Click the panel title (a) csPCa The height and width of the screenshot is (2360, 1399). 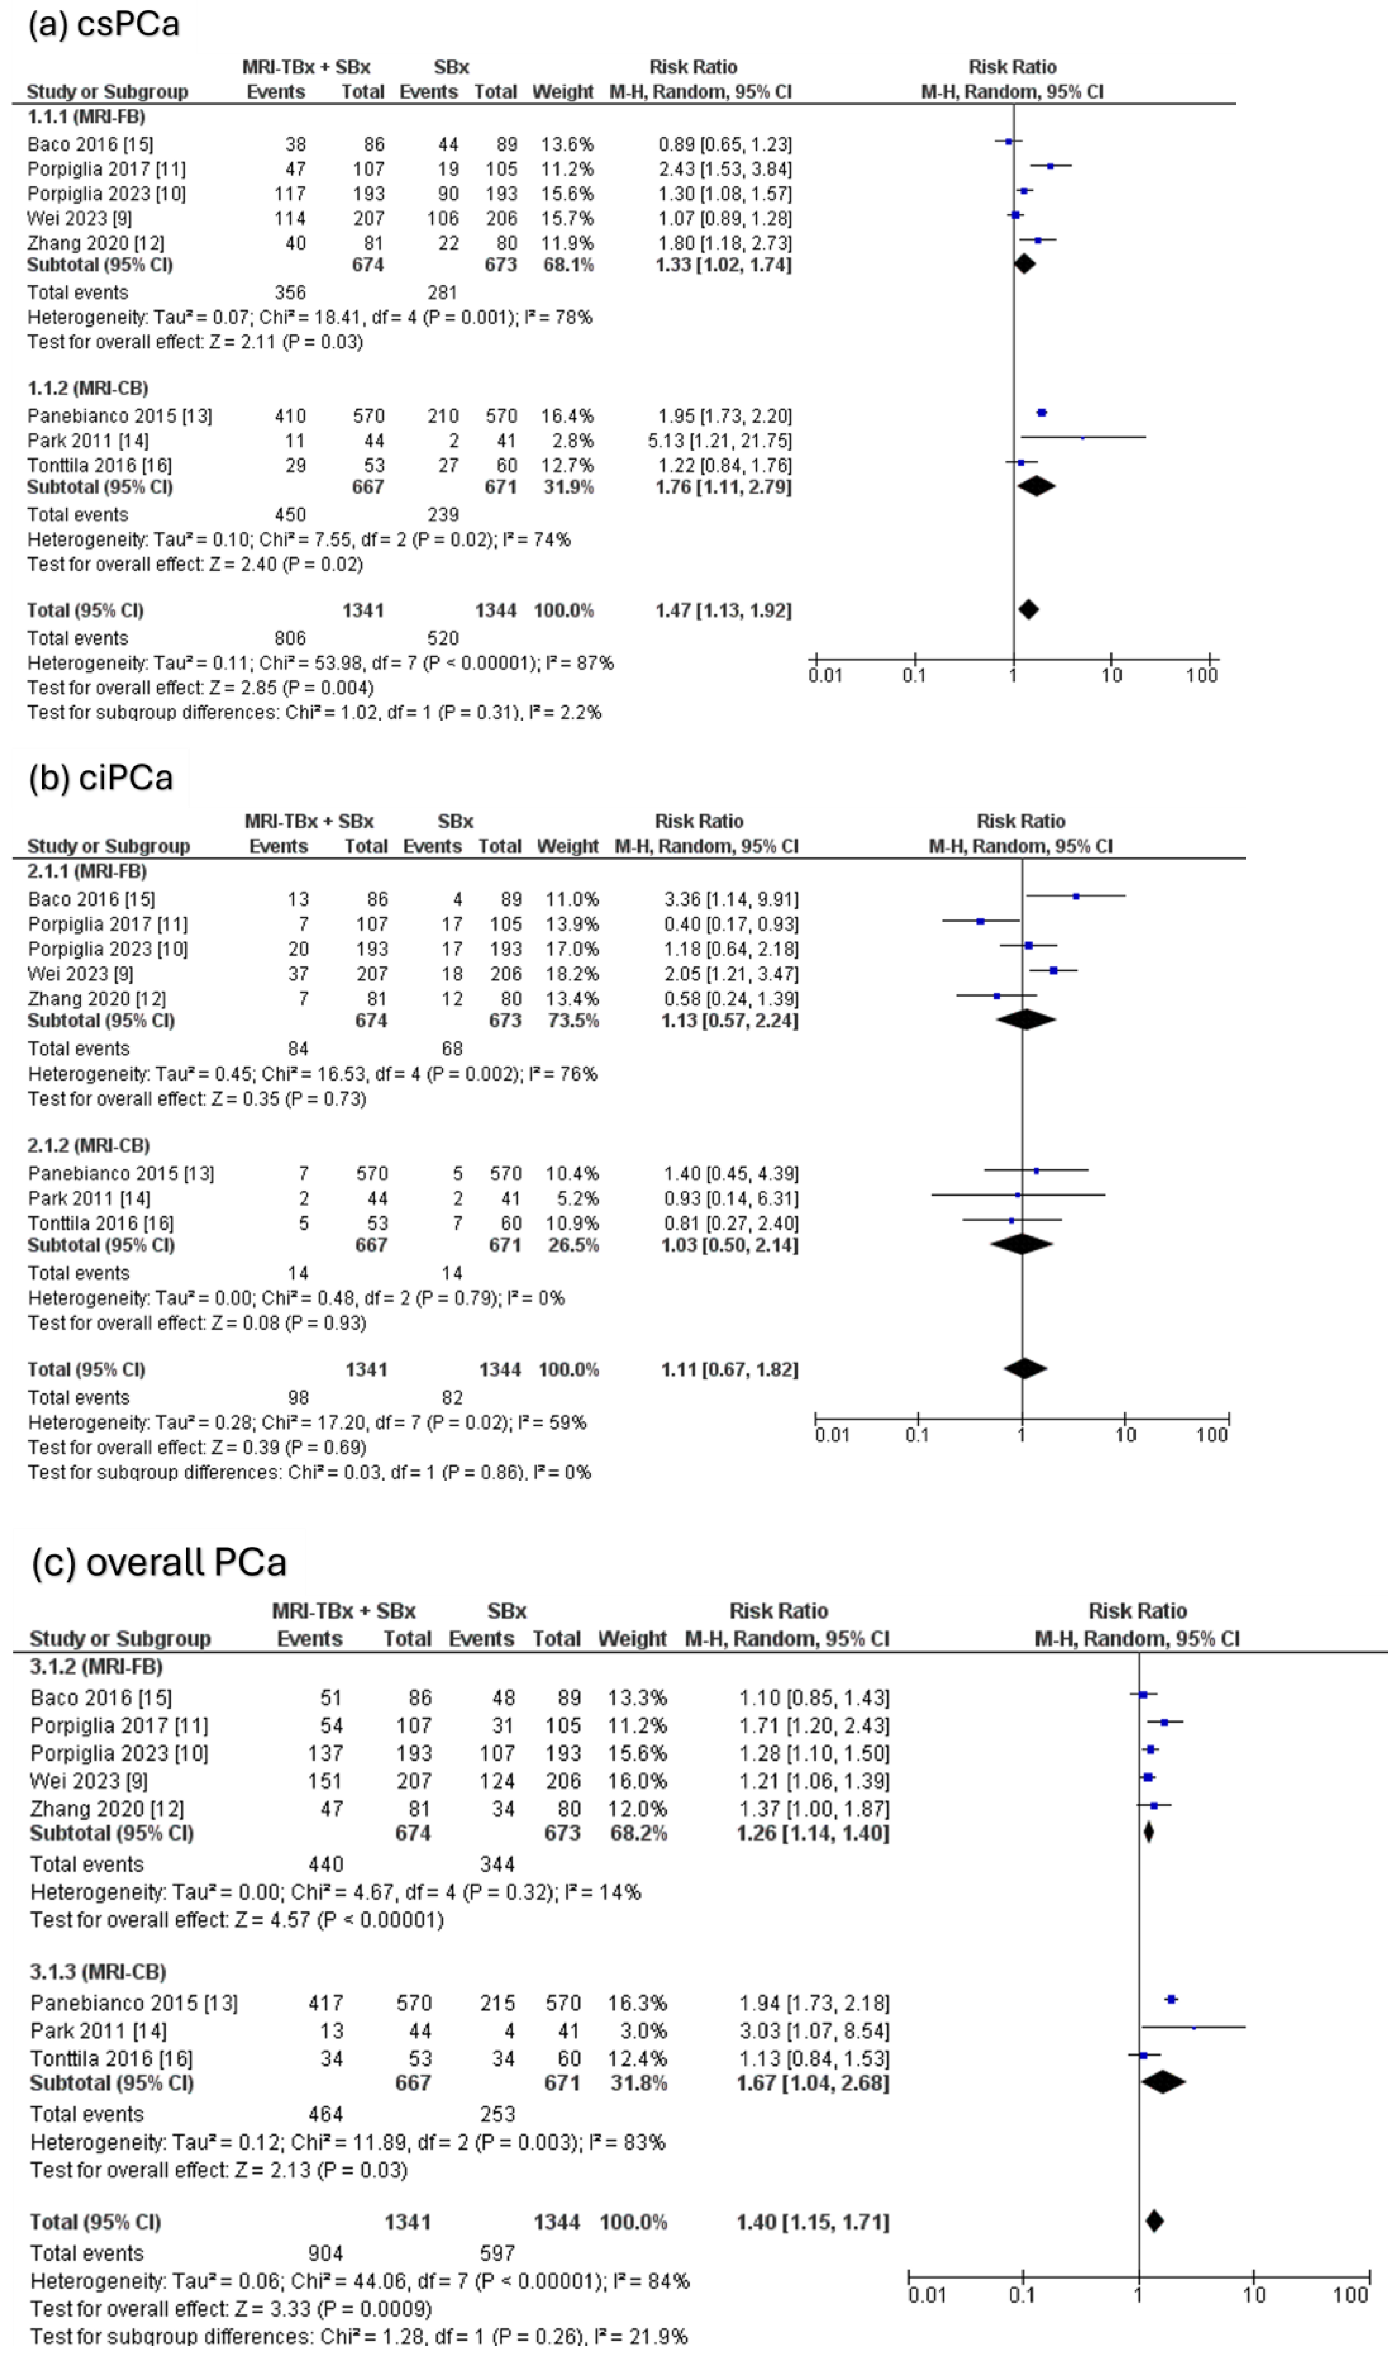(x=104, y=24)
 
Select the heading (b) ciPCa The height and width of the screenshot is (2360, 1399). (x=101, y=778)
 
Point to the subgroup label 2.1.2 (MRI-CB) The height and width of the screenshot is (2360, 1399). (x=89, y=1145)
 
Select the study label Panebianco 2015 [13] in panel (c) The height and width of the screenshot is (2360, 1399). (x=134, y=2003)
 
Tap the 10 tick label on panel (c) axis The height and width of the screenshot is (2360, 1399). (x=1254, y=2294)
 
